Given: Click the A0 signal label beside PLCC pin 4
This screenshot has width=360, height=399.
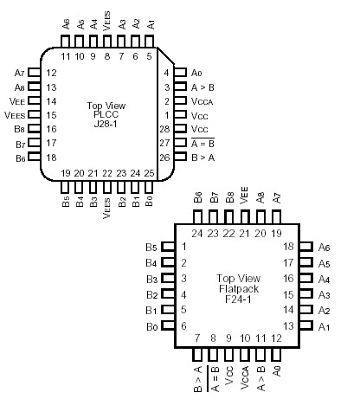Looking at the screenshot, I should (196, 73).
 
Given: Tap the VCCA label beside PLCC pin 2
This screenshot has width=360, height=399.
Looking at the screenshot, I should (201, 100).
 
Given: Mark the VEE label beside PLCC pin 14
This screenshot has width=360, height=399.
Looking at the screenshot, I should (19, 100).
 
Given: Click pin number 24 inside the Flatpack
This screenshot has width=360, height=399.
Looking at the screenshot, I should (198, 233).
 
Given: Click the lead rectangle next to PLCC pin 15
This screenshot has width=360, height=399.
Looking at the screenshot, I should (33, 115).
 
